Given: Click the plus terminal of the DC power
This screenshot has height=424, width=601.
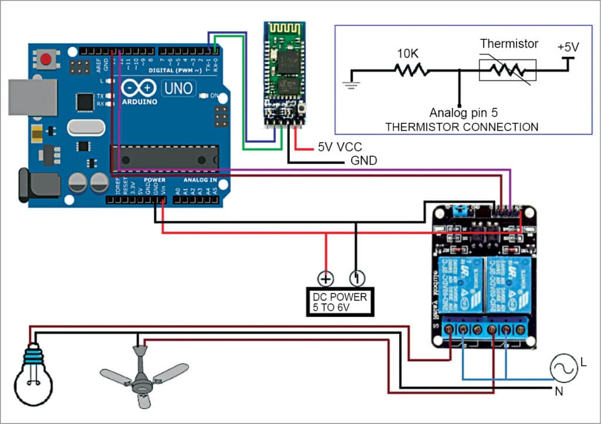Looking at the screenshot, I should tap(326, 278).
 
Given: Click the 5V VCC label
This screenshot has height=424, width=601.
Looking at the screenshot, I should tap(339, 147).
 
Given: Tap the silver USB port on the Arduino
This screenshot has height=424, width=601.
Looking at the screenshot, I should tap(33, 97).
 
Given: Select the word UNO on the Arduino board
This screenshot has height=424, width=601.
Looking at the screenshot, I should tap(178, 88).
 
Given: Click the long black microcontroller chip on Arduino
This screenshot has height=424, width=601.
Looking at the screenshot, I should tap(164, 157).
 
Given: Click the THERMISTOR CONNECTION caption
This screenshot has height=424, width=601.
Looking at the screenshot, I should tap(461, 126).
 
